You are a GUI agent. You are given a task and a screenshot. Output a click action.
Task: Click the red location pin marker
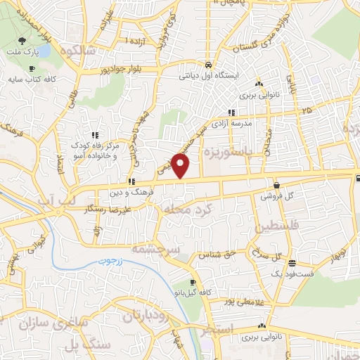181,166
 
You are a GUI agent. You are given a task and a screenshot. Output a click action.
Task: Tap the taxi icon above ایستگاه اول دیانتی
209,65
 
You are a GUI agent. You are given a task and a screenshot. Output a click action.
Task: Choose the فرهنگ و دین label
130,191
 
